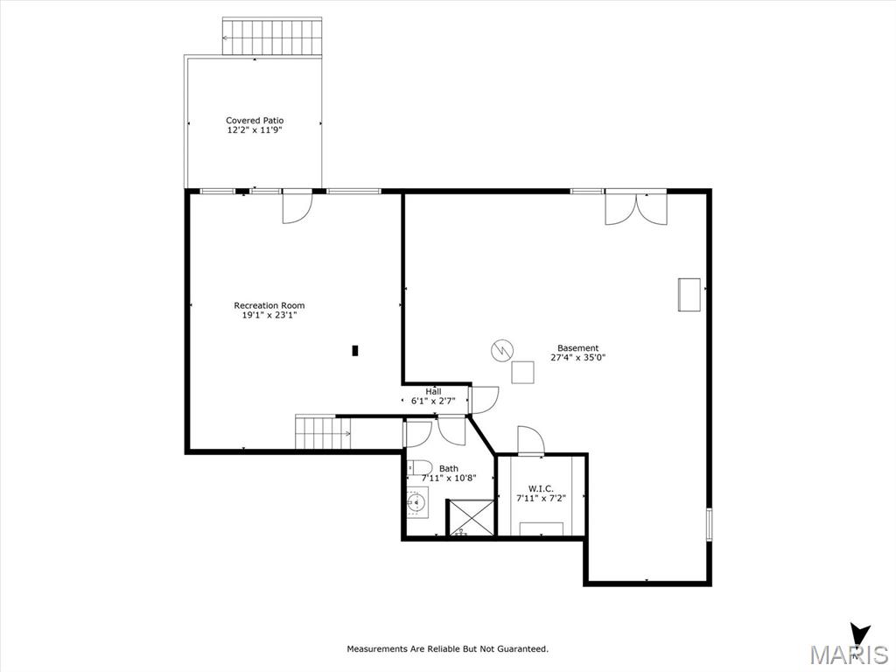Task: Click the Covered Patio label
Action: click(255, 121)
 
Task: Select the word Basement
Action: click(577, 348)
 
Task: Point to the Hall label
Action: click(433, 391)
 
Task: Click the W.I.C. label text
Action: click(541, 488)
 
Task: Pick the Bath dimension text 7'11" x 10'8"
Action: click(449, 479)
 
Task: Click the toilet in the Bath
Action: click(418, 468)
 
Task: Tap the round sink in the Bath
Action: click(417, 503)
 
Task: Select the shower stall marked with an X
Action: click(470, 517)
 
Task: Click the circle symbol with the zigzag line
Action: click(501, 350)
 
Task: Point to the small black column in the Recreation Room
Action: click(355, 350)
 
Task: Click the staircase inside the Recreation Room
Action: click(323, 432)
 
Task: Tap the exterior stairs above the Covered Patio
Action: click(272, 37)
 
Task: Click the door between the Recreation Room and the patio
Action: click(297, 206)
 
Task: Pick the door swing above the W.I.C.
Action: click(531, 440)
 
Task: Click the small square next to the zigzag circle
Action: click(522, 373)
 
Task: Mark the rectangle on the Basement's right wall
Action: click(689, 294)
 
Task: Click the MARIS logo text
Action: click(849, 654)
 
